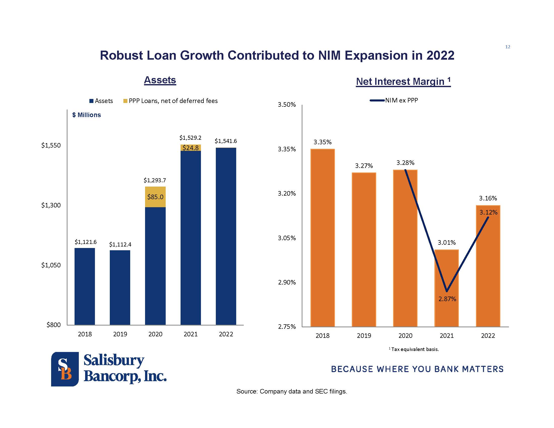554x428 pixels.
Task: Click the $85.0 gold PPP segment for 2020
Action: point(155,197)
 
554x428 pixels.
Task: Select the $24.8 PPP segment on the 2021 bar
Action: point(191,148)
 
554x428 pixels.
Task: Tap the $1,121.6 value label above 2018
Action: point(85,242)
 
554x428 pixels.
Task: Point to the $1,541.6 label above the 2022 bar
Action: point(226,141)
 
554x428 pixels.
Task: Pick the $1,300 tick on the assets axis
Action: point(51,205)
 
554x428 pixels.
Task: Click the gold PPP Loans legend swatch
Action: point(125,101)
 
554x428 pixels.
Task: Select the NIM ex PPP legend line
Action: point(377,100)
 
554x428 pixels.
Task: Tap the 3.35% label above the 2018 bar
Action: point(322,142)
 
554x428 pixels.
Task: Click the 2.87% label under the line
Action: point(447,299)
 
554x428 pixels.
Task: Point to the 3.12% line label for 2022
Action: point(488,212)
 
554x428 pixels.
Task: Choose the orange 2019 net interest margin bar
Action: point(364,249)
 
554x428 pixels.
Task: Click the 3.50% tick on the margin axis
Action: point(287,105)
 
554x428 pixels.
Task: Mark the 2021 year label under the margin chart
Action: point(446,336)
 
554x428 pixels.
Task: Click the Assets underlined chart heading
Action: point(160,80)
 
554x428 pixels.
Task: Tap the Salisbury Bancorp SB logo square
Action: point(65,369)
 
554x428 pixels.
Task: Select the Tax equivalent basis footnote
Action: point(414,349)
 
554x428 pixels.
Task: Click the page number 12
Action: point(508,47)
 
